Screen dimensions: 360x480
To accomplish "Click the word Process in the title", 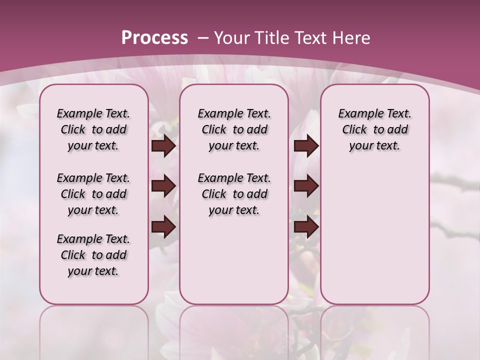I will coord(154,38).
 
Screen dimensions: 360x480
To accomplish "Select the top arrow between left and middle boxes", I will coord(163,146).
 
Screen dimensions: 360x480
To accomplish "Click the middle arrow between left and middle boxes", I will coord(163,186).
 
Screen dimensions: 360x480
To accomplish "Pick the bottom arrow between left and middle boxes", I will coord(163,227).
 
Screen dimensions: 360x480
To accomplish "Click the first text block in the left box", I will coord(93,129).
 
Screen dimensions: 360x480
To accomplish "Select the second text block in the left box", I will coord(93,194).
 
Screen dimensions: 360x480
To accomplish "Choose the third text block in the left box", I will coord(93,255).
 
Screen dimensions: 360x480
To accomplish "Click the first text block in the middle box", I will coord(234,129).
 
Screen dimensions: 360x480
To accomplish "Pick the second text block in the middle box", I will coord(234,194).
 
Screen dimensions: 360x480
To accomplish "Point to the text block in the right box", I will coord(374,129).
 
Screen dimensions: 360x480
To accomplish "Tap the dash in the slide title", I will coord(203,38).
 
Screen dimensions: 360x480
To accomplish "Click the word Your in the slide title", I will coord(232,38).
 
